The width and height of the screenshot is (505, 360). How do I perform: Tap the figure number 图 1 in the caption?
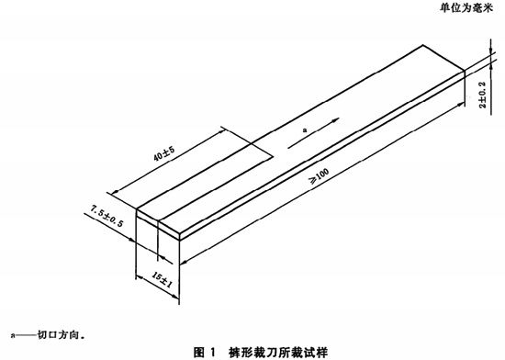click(204, 351)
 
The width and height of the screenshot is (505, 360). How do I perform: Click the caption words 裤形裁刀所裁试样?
click(275, 351)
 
